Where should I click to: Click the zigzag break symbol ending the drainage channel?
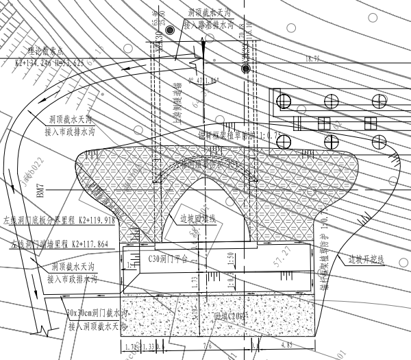point(44,331)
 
